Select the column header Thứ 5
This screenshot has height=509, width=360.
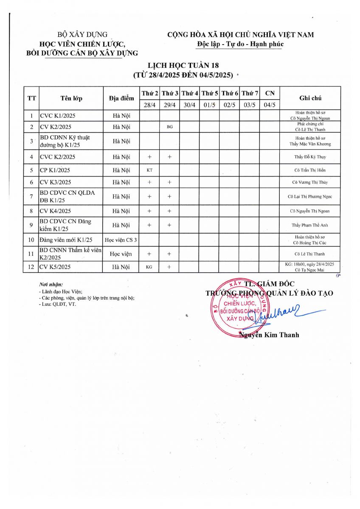[x=210, y=93]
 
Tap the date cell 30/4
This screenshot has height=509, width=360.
[x=190, y=105]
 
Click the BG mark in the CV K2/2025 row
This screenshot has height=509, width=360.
[x=169, y=127]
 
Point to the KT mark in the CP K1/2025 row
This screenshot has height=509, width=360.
[x=149, y=170]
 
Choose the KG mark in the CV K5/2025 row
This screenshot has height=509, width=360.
[x=149, y=267]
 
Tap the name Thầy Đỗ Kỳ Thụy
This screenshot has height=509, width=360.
[x=310, y=157]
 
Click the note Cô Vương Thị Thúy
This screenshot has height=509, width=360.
[x=310, y=182]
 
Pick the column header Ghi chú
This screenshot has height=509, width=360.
[x=310, y=98]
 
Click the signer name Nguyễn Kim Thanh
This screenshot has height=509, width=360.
[x=270, y=335]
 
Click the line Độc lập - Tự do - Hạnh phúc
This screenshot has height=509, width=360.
[x=240, y=44]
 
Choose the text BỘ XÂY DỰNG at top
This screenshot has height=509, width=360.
[x=82, y=35]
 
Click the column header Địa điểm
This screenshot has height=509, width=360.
[x=121, y=98]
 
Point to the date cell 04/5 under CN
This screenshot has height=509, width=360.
[x=270, y=105]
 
